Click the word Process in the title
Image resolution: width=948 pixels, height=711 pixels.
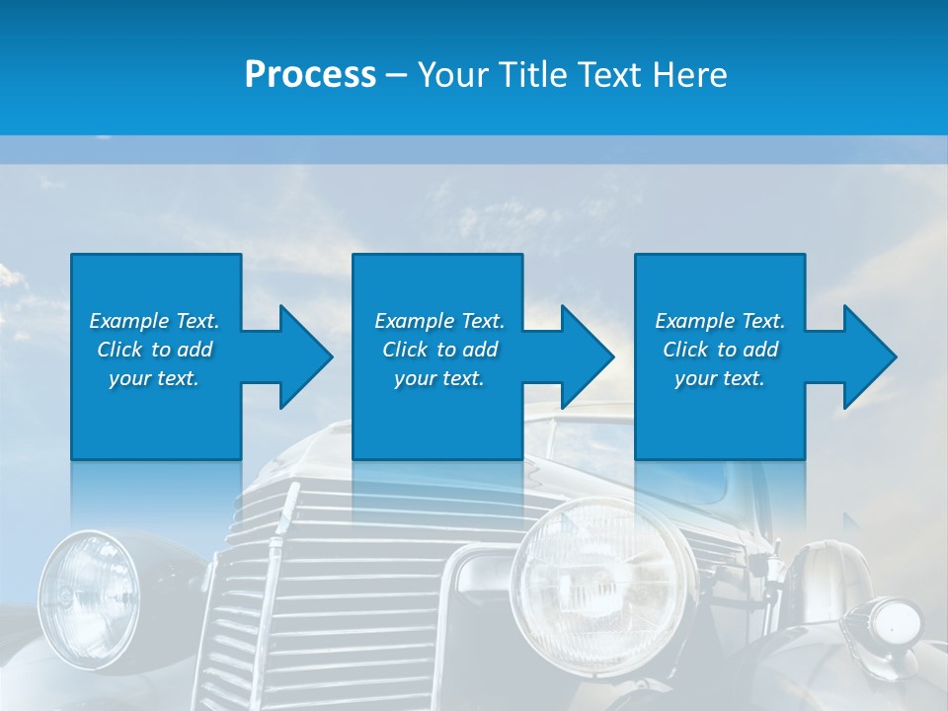[x=310, y=74]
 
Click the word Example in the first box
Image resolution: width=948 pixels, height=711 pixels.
[x=129, y=321]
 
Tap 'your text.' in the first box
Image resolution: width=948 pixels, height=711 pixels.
[x=154, y=378]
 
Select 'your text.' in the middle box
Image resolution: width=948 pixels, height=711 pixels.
[x=439, y=378]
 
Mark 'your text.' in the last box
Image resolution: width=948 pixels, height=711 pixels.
[x=720, y=378]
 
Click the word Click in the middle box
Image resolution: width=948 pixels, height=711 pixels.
[x=405, y=350]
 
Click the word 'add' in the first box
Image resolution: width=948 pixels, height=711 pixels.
[x=196, y=350]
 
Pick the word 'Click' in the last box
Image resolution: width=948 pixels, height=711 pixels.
[x=685, y=350]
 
